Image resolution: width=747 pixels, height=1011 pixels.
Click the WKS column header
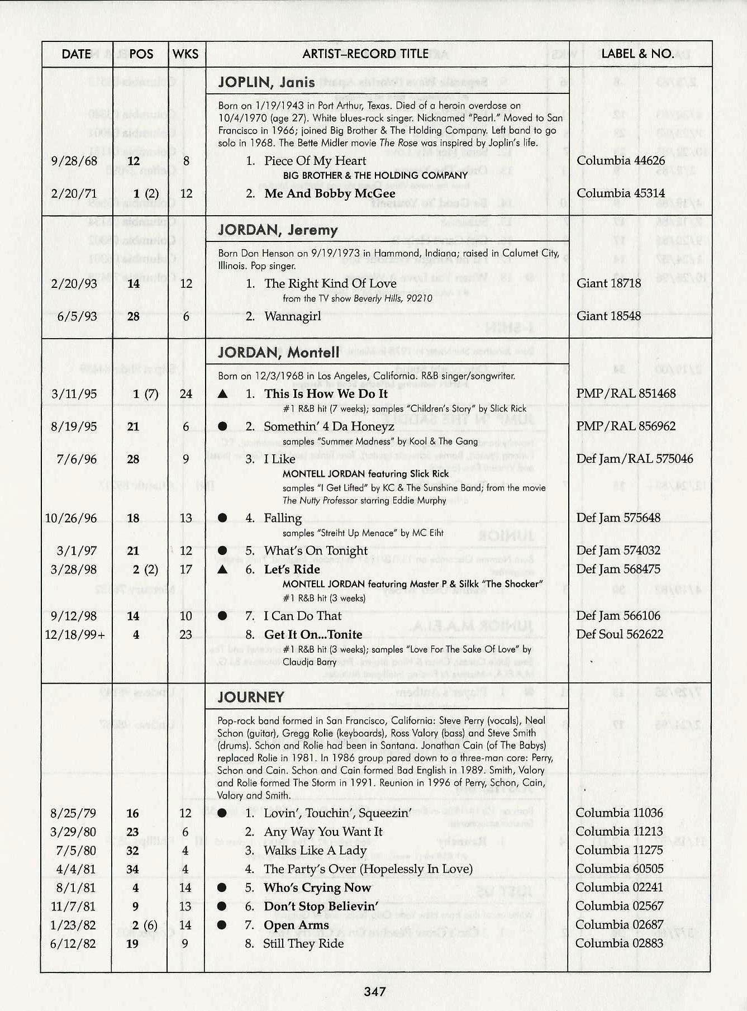pos(185,54)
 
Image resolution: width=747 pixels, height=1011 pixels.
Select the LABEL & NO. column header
pos(637,54)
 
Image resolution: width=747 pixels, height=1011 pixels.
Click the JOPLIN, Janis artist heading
pos(267,83)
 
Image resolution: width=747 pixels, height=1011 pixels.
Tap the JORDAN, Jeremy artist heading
pos(278,230)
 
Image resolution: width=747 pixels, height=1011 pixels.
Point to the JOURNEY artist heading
pos(251,697)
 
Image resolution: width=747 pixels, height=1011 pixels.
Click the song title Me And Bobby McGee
pos(330,194)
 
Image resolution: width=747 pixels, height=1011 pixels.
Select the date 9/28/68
pos(73,162)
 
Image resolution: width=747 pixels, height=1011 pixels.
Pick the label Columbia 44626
pos(621,161)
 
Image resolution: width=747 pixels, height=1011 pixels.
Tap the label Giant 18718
pos(608,283)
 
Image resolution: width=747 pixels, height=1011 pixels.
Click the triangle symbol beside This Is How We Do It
pos(222,394)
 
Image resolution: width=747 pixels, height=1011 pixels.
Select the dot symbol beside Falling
pos(222,518)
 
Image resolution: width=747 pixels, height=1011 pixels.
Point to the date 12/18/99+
pos(75,635)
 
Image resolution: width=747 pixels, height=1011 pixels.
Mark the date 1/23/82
pos(73,925)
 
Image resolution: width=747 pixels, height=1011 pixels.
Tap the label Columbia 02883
pos(619,943)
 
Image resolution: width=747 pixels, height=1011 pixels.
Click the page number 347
pos(374,991)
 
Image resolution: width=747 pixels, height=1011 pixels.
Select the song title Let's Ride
pos(292,569)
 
